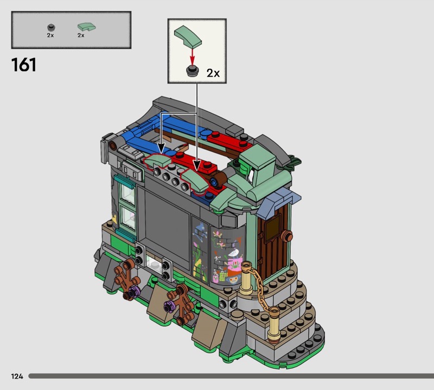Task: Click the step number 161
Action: pyautogui.click(x=24, y=65)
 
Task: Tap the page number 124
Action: pyautogui.click(x=17, y=376)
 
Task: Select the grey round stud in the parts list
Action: pyautogui.click(x=51, y=28)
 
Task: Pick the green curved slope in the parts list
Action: pyautogui.click(x=86, y=27)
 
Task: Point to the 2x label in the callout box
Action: pyautogui.click(x=213, y=73)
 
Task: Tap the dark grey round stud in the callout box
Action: pyautogui.click(x=192, y=71)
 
